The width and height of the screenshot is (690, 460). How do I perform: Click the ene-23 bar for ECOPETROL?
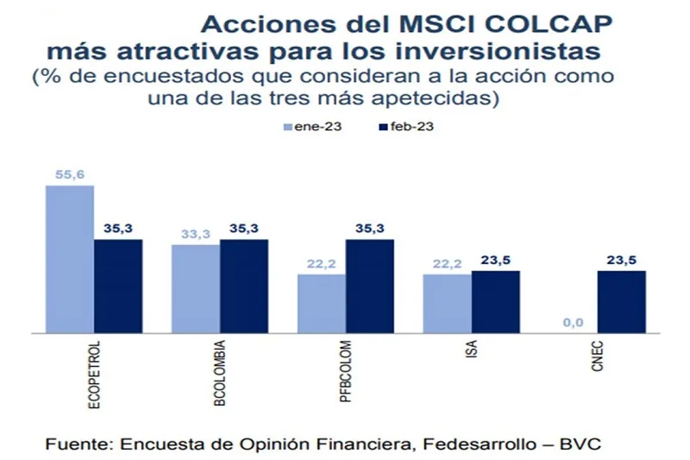70,259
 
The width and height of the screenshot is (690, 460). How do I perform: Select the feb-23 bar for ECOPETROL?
118,286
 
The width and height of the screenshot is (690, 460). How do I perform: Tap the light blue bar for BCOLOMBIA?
196,288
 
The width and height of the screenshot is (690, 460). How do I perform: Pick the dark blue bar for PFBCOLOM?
369,286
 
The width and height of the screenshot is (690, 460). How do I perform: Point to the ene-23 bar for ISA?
447,303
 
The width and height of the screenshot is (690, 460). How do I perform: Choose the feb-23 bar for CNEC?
621,301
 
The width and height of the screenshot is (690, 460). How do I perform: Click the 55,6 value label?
70,174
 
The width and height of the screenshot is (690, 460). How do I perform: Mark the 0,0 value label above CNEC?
573,323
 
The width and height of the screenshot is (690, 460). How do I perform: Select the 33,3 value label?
196,234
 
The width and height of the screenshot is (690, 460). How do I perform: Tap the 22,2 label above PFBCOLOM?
321,265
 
